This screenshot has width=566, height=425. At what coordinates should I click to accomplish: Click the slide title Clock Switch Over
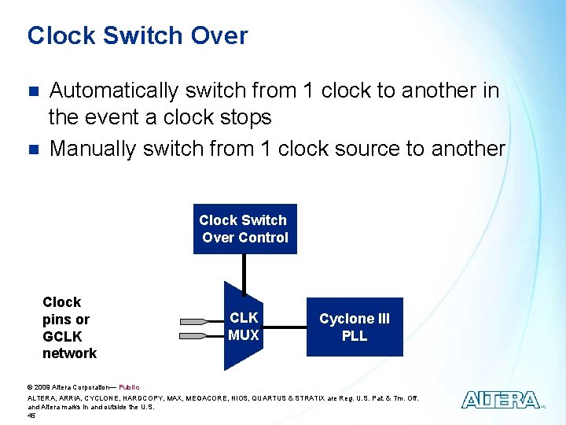point(137,36)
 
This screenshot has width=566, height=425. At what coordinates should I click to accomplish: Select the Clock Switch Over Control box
point(244,229)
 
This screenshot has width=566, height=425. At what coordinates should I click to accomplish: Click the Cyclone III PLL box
point(354,327)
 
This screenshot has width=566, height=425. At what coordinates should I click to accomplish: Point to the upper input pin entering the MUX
point(202,321)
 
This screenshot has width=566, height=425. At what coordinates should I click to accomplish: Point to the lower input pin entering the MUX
point(202,336)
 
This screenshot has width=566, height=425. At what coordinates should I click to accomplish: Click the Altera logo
point(500,400)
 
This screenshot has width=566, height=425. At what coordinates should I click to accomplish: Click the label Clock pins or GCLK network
point(68,327)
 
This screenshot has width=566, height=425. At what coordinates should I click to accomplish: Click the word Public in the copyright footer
point(129,387)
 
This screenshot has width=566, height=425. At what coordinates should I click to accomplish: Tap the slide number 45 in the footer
point(31,416)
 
